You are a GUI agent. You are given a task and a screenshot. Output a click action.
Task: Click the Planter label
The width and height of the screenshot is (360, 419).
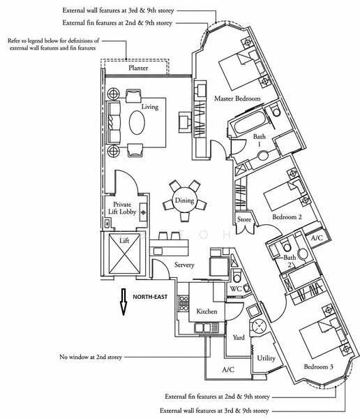point(138,68)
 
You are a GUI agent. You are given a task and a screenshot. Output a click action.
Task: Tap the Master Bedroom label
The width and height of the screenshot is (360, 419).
point(237,98)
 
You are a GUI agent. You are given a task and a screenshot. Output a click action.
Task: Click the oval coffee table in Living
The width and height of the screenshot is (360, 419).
point(137,123)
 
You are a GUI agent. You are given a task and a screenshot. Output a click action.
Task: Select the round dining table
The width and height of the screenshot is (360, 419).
point(184,200)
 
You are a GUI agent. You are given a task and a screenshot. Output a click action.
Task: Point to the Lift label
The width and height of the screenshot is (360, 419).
point(124,240)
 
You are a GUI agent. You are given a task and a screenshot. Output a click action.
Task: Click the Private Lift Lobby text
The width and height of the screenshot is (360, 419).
point(122,208)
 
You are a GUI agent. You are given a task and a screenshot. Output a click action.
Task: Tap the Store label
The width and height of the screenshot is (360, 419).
point(244,219)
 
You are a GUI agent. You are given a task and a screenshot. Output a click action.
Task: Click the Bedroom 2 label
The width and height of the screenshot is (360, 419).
point(287,217)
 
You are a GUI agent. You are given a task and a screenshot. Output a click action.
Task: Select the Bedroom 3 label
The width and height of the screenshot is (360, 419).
point(318,367)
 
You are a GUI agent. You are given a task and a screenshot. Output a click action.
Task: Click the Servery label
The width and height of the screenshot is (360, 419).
point(184,265)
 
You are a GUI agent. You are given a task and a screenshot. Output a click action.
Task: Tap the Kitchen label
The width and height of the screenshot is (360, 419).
point(207,311)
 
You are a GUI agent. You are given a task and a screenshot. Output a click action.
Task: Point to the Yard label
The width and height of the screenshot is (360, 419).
point(239,337)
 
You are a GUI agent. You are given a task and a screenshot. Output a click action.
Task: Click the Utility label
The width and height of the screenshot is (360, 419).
point(266,358)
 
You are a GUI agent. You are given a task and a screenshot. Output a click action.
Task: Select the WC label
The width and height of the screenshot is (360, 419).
point(236,289)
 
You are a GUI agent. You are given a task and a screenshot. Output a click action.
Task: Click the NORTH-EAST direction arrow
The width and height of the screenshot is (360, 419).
point(123,302)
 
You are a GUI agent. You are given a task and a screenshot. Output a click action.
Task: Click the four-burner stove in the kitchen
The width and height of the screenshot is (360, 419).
point(183,304)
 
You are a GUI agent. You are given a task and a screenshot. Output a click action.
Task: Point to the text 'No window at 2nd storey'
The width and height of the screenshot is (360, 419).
point(91,357)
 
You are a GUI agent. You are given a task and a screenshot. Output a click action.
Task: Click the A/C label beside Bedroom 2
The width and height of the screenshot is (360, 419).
point(317,238)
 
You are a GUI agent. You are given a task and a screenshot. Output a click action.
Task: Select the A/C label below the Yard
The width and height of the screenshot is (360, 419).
point(228,369)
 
